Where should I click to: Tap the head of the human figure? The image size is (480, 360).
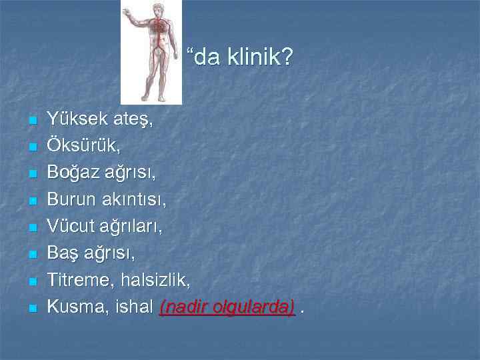click(x=158, y=9)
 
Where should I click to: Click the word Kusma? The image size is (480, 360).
click(x=73, y=307)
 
